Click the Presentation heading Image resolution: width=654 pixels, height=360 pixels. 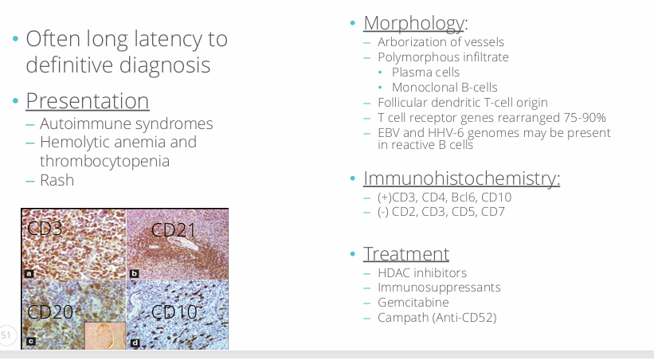coord(88,101)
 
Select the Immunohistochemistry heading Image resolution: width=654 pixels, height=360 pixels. coord(461,178)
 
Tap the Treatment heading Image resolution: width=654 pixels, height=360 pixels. coord(405,253)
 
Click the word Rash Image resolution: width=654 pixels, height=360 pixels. coord(57,180)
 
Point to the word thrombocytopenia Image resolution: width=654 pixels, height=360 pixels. coord(104,161)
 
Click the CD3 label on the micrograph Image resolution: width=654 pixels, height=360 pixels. coord(45,228)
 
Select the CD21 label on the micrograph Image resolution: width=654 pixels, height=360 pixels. coord(173,230)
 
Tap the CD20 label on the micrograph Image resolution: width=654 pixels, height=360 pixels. coord(50,312)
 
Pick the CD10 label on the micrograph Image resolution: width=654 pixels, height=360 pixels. coord(174,312)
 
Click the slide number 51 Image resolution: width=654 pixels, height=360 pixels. coord(6,335)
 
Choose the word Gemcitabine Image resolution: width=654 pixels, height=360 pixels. coord(413,303)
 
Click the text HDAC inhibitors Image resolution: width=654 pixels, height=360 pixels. coord(422,273)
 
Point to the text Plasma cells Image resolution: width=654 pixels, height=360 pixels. coord(425,72)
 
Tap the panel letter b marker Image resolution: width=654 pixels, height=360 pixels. coord(135,274)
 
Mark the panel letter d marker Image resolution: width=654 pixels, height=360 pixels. coord(135,343)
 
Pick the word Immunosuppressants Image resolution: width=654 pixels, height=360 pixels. coord(439,288)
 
